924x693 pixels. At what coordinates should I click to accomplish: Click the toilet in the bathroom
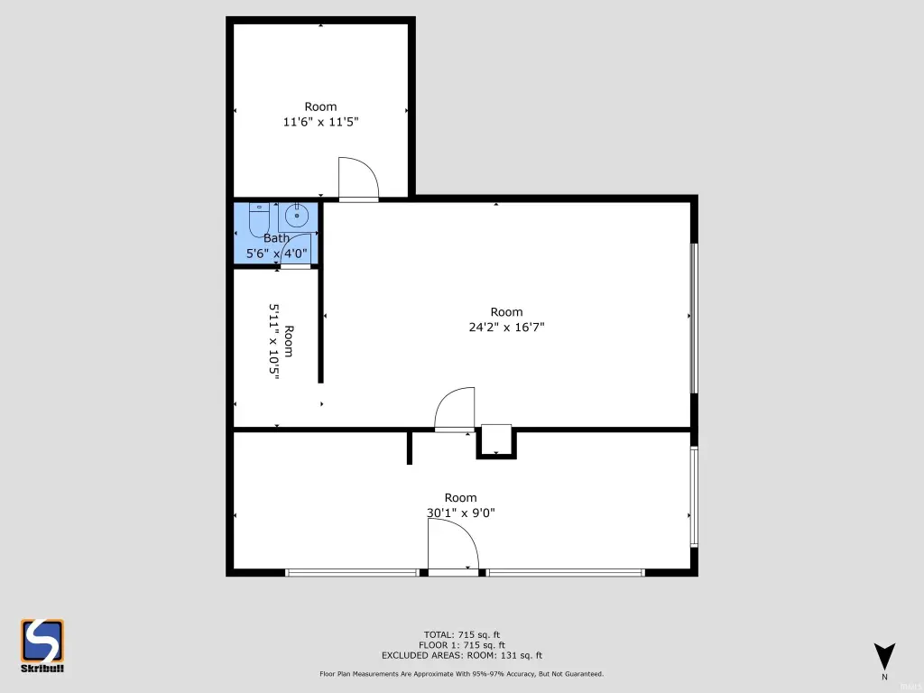(259, 219)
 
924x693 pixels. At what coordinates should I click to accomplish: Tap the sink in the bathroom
(298, 217)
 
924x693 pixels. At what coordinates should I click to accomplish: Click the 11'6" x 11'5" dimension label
(320, 122)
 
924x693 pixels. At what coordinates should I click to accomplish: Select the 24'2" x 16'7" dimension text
(507, 327)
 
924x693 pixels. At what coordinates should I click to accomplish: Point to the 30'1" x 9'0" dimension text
(461, 513)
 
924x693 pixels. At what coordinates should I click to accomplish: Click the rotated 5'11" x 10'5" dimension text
(274, 342)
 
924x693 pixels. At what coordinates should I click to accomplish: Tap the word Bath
(276, 238)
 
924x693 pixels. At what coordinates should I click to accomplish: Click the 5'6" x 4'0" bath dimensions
(276, 254)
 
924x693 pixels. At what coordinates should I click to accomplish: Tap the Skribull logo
(42, 645)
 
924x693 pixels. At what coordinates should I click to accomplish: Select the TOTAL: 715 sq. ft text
(462, 634)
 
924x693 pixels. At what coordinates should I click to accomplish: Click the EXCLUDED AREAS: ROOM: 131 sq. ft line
(462, 655)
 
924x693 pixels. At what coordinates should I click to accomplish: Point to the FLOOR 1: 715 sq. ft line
(462, 645)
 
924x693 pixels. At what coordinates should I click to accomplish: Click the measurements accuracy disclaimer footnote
(462, 673)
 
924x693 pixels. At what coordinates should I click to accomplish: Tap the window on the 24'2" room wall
(694, 319)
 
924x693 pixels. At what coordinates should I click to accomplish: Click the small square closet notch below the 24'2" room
(496, 440)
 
